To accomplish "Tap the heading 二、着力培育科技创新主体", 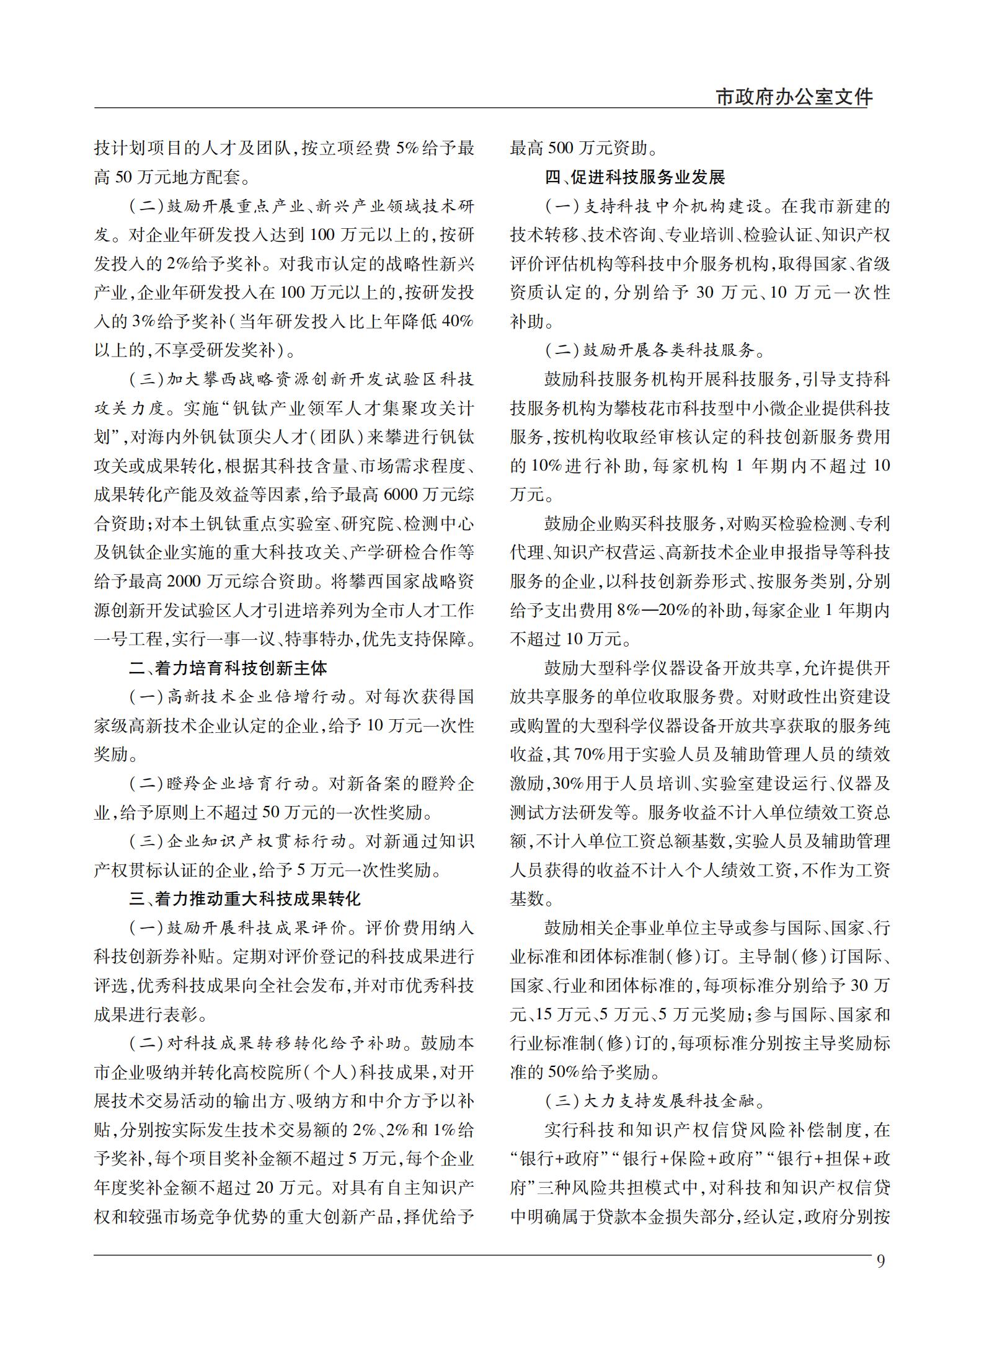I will pyautogui.click(x=228, y=668).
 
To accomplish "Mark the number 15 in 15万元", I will pyautogui.click(x=544, y=1014).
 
